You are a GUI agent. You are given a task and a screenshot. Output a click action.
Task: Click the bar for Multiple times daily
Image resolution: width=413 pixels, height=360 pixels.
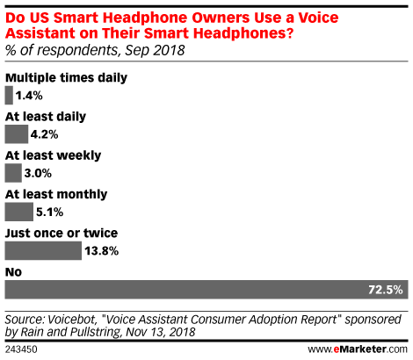[9, 96]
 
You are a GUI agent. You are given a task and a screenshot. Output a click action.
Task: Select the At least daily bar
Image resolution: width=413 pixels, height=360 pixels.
[17, 134]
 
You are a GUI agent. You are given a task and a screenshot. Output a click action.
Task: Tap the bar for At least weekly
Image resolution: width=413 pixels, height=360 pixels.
[13, 173]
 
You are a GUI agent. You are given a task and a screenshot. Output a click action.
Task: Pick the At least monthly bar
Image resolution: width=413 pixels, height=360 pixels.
[19, 212]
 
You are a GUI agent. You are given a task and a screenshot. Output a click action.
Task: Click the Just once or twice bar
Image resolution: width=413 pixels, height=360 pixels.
[43, 251]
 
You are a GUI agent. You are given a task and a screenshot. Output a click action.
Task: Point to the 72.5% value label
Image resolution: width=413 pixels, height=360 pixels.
[386, 290]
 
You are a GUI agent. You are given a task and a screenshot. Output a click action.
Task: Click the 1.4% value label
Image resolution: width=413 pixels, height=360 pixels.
[29, 96]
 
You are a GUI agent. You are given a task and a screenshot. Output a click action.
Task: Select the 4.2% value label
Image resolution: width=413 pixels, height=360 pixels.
[44, 134]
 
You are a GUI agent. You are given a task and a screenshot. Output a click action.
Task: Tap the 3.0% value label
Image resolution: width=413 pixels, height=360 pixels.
[38, 173]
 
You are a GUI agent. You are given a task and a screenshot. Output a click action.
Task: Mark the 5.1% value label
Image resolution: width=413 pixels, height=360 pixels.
[49, 212]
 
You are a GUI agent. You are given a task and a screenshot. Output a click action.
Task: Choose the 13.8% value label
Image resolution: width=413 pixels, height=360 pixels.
[102, 251]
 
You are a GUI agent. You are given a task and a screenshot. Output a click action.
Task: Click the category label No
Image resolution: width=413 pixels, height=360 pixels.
[13, 272]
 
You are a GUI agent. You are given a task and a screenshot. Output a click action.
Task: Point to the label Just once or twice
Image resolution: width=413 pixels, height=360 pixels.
[62, 234]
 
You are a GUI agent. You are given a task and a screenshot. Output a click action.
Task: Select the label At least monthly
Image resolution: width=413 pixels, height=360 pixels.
[56, 194]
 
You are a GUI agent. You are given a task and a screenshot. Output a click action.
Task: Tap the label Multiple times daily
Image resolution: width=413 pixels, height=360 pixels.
[66, 78]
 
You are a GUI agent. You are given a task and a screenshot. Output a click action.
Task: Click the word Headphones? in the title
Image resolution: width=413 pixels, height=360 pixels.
[243, 33]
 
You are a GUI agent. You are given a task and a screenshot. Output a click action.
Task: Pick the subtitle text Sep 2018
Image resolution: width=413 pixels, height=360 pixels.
[155, 50]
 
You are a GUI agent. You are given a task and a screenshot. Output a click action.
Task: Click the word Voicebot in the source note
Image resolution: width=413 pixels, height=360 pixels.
[72, 320]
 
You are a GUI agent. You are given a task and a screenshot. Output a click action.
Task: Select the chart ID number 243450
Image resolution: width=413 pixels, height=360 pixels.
[21, 349]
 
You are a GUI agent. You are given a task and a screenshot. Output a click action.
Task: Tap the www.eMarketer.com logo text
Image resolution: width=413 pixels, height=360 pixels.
[358, 349]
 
